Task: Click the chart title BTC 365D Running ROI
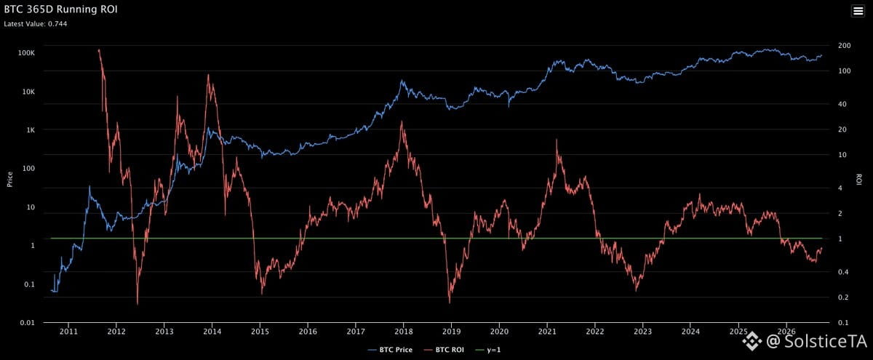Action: coord(60,9)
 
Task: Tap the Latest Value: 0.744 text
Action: coord(36,24)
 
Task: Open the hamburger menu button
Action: coord(858,11)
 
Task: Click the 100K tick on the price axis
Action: coord(26,52)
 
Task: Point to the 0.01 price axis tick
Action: coord(28,323)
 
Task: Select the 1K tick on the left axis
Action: coord(31,130)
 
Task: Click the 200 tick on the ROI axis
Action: coord(844,46)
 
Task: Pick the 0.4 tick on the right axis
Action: coord(842,271)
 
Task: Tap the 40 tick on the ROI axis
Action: coord(842,104)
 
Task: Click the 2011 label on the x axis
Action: coord(68,332)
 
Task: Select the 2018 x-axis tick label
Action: coord(403,332)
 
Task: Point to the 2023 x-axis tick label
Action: coord(642,332)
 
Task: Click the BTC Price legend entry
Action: coord(390,350)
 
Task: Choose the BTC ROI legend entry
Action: coord(444,350)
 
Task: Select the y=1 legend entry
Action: coord(488,350)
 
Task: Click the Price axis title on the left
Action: coord(9,180)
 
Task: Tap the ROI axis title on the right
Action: coord(858,180)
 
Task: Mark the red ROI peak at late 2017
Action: coord(402,121)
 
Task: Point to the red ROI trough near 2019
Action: coord(450,303)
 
